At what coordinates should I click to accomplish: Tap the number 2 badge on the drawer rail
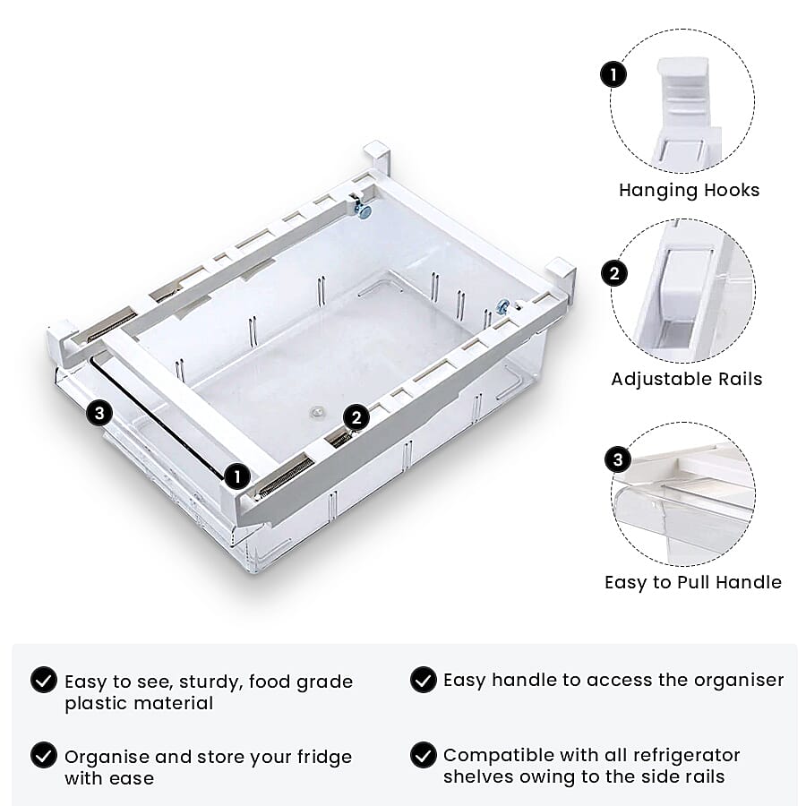point(356,417)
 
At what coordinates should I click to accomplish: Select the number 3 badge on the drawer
point(99,414)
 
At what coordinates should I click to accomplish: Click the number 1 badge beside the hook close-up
point(613,74)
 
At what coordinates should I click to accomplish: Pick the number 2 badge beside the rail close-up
point(613,272)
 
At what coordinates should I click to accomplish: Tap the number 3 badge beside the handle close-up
point(618,460)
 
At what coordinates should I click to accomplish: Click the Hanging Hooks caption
point(689,190)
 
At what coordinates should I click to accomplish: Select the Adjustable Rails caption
point(687,379)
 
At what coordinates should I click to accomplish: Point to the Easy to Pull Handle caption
point(693,582)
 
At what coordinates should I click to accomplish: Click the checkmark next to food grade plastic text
point(44,681)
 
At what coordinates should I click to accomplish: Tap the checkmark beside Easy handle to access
point(423,681)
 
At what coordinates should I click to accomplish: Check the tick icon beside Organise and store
point(44,756)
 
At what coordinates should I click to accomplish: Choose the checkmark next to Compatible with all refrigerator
point(423,756)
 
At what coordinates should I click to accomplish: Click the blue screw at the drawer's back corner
point(364,210)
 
